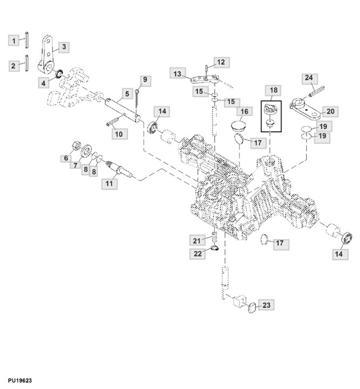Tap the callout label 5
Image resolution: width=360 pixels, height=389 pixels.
[x=126, y=94]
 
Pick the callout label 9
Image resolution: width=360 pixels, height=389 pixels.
[x=144, y=81]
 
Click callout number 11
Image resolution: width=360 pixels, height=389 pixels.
[x=110, y=184]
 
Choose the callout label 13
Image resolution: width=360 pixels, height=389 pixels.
[x=177, y=73]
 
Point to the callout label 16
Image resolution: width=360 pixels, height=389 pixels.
[x=244, y=111]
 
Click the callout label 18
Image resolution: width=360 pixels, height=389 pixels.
[x=273, y=90]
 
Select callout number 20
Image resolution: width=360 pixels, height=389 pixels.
[x=330, y=112]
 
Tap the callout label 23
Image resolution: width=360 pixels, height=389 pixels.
[x=265, y=306]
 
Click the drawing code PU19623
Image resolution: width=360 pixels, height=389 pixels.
[x=16, y=380]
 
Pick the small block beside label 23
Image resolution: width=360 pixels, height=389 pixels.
[x=250, y=308]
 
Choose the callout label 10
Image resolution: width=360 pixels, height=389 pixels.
[x=118, y=133]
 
